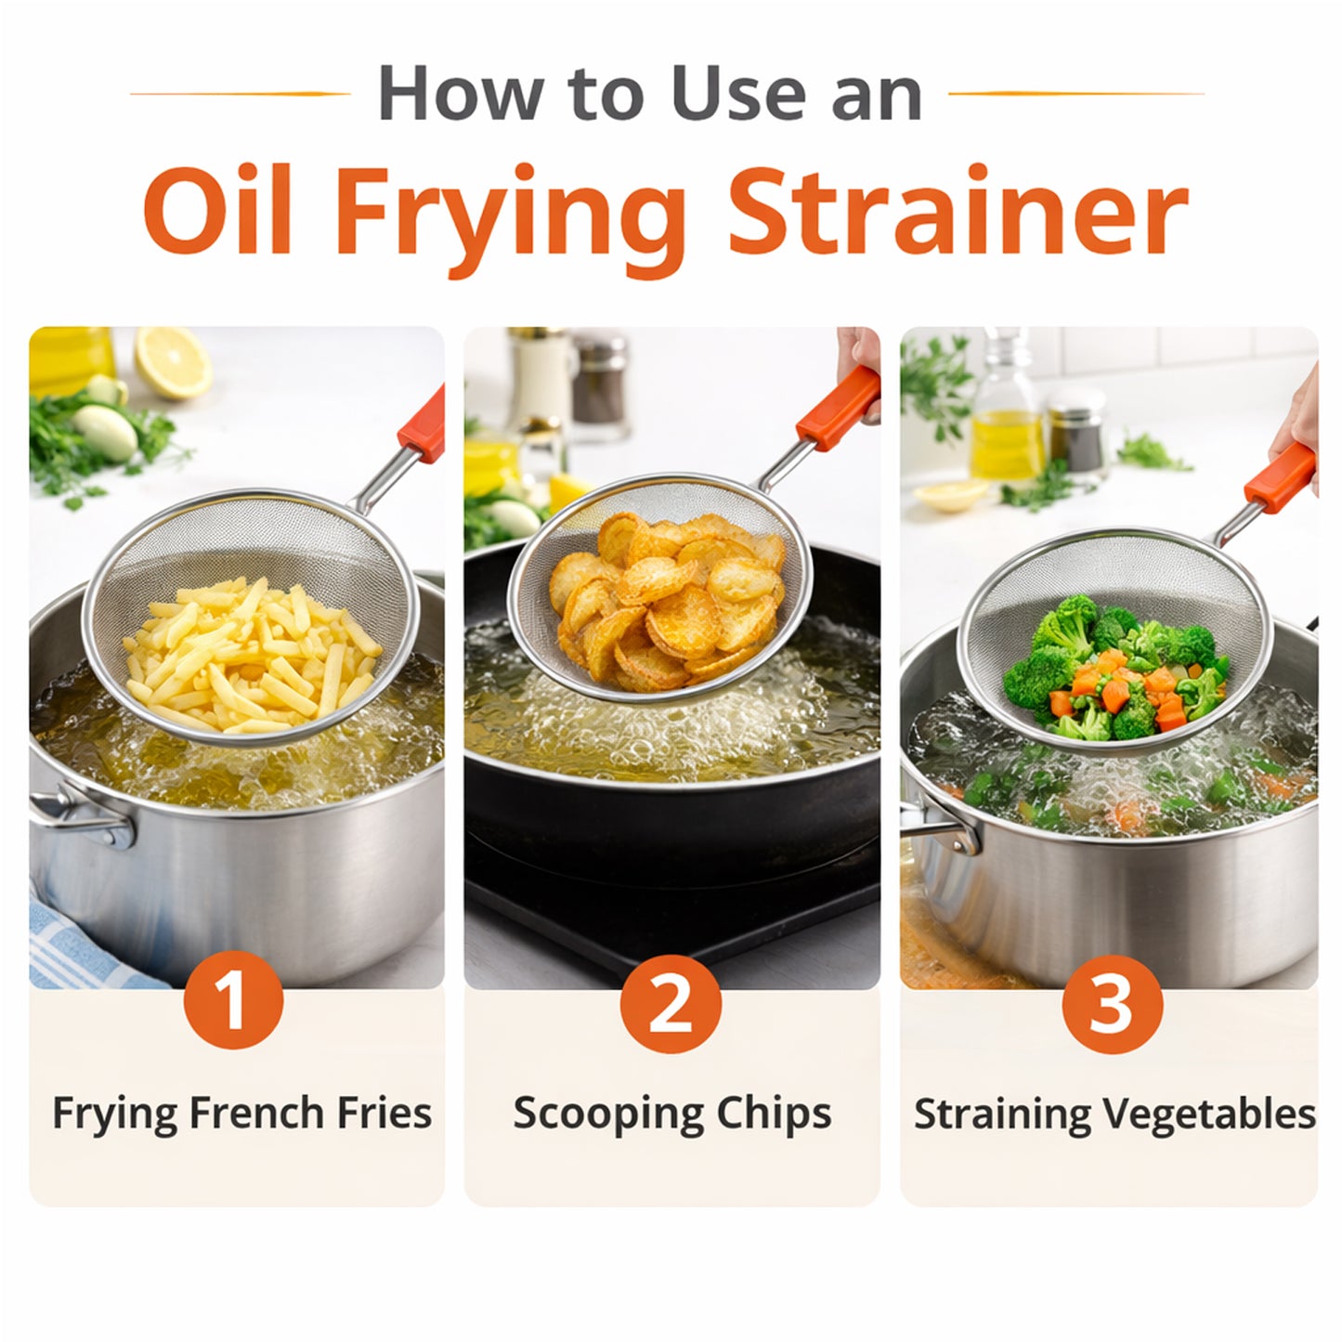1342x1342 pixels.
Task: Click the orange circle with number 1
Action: pos(233,1003)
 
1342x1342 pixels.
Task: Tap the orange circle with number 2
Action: pos(671,1003)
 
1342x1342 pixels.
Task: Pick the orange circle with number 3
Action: pos(1111,1003)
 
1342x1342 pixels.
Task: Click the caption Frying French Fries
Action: pos(241,1113)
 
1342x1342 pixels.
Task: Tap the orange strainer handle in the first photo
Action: pos(423,424)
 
